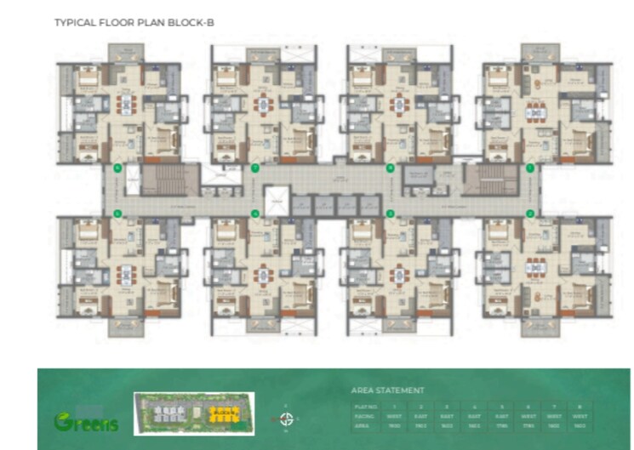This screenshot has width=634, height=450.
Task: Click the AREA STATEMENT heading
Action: [387, 390]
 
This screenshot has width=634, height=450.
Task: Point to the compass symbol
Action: [288, 419]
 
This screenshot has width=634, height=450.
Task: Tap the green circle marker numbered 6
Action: [118, 168]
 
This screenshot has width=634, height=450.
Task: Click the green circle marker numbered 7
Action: [254, 168]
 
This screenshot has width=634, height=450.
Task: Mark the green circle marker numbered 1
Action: [529, 168]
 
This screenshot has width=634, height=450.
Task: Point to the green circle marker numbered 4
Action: [254, 213]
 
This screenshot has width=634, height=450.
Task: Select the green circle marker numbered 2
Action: [529, 213]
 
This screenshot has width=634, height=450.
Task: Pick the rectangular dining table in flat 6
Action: [126, 105]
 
